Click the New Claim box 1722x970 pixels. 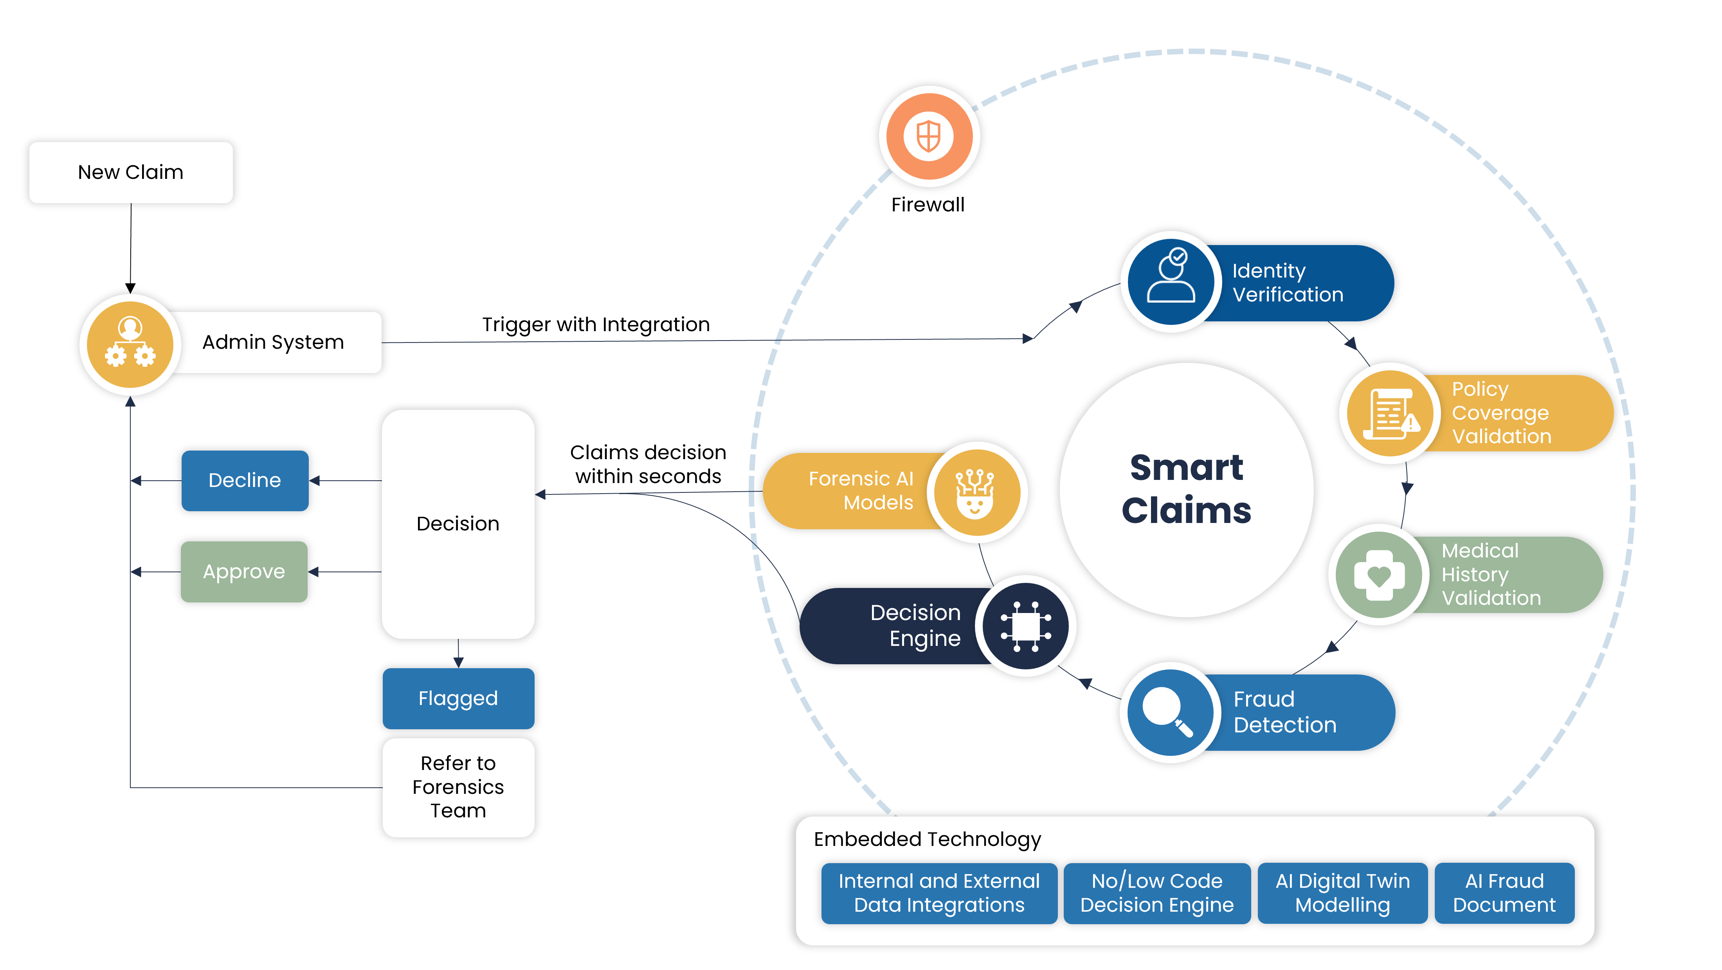click(x=130, y=173)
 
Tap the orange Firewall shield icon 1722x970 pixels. click(x=929, y=136)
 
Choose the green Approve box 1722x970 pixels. click(x=244, y=572)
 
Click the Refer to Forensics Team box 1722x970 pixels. click(x=458, y=787)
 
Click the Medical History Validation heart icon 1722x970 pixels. click(x=1378, y=575)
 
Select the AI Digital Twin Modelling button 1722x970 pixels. click(x=1342, y=893)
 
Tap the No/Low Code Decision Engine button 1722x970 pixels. click(x=1156, y=893)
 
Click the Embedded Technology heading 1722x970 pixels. click(x=927, y=840)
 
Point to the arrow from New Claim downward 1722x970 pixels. click(x=130, y=247)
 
